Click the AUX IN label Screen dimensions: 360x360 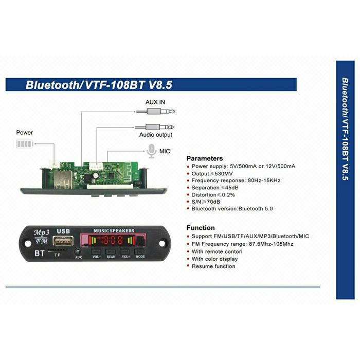155,102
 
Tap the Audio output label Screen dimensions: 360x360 156,135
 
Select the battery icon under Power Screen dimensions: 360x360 24,145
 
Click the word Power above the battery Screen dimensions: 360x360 24,133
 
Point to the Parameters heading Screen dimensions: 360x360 204,158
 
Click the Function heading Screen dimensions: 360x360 201,228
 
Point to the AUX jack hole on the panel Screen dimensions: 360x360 78,251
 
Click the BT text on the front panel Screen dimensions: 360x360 39,253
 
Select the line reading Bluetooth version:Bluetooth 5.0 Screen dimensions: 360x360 232,209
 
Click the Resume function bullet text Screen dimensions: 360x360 213,266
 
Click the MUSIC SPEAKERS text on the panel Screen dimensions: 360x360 114,230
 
